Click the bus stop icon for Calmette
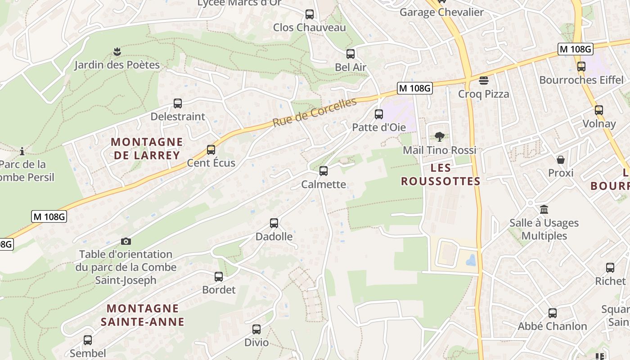pos(323,171)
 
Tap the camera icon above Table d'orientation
pos(126,242)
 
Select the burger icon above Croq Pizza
pos(484,81)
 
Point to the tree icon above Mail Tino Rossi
pos(439,137)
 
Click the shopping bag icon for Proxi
pos(561,160)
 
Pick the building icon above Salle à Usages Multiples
pos(544,210)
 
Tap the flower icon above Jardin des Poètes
pos(117,52)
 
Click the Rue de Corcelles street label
pos(314,112)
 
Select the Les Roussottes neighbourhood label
pos(441,175)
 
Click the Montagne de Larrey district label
pos(147,148)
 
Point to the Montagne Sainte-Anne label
pos(142,315)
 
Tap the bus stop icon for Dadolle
pos(274,223)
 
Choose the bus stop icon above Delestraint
pos(178,103)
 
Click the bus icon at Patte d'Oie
pos(378,114)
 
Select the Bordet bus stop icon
pos(219,277)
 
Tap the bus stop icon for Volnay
pos(598,110)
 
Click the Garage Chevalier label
pos(441,12)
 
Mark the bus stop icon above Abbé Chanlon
pos(552,313)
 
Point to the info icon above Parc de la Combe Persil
pos(22,151)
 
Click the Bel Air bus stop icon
pos(351,54)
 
